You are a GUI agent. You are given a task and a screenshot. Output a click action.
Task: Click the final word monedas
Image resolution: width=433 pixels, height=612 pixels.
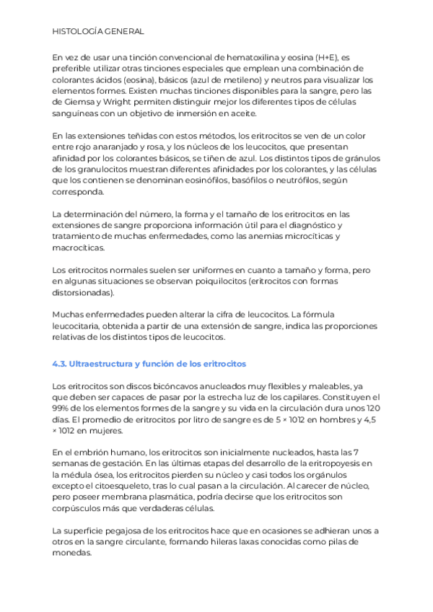tap(73, 554)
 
